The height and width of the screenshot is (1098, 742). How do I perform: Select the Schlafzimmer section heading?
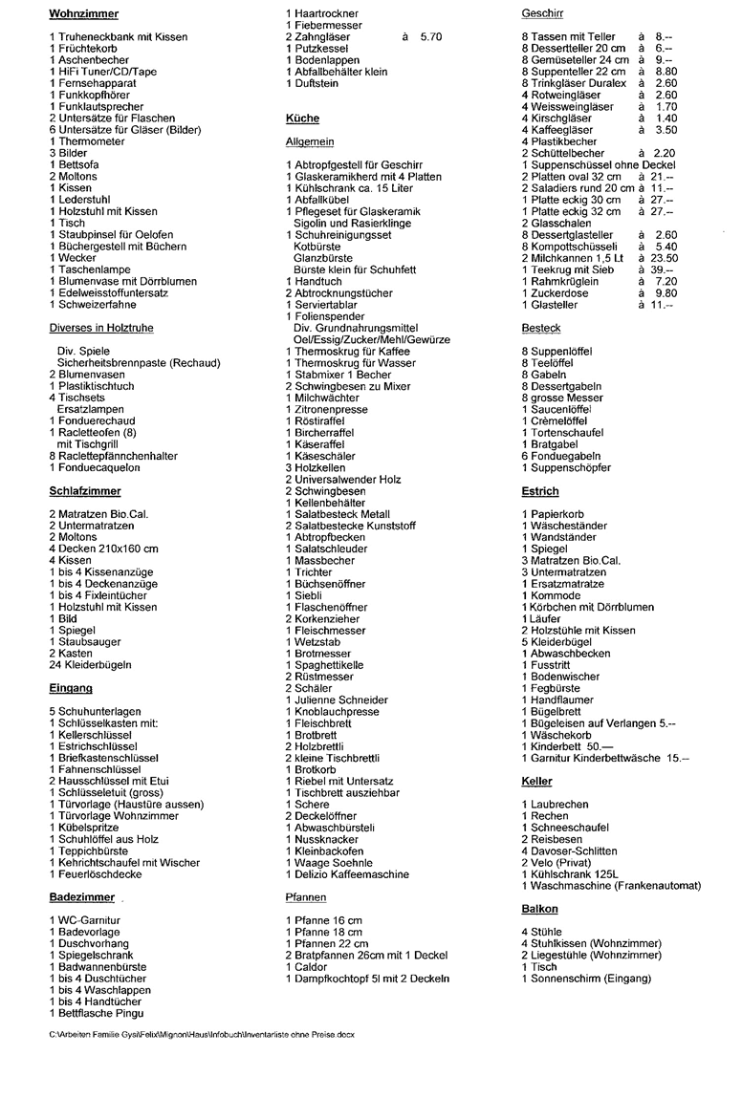point(84,491)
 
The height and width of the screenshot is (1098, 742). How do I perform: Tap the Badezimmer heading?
point(82,897)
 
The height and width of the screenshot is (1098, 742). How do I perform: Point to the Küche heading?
point(302,118)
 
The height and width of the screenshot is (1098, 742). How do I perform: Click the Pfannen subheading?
point(306,897)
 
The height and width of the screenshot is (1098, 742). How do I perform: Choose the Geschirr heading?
point(542,13)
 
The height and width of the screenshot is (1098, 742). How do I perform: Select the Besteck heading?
point(541,328)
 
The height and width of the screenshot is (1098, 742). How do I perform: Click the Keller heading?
point(537,781)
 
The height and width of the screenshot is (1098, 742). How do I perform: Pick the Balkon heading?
point(540,909)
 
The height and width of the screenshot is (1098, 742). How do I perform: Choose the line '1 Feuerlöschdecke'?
point(96,874)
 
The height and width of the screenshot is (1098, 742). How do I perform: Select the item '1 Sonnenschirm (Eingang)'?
point(586,979)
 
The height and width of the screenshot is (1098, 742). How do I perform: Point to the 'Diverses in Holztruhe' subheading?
point(101,328)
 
